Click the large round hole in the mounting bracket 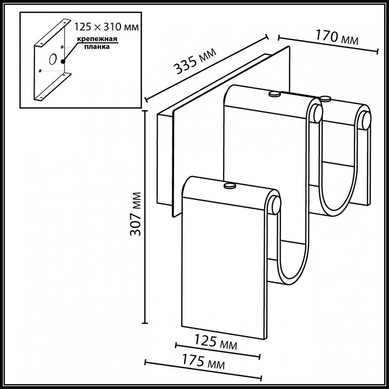pos(53,60)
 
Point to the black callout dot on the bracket pos(63,61)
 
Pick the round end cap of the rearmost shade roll pos(366,119)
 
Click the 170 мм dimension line pos(327,44)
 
